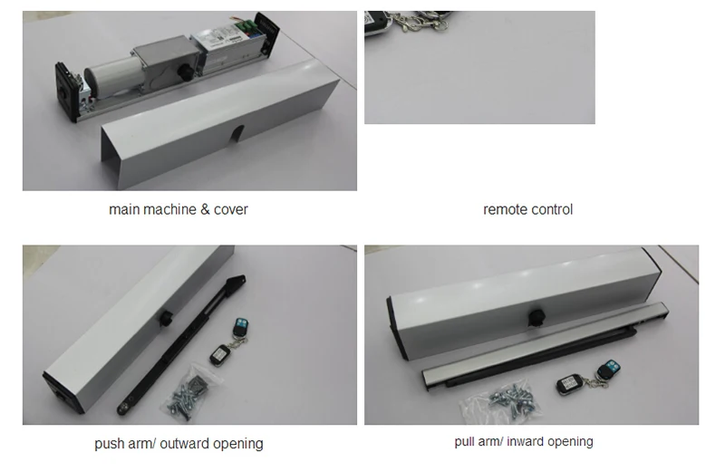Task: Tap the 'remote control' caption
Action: [527, 209]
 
